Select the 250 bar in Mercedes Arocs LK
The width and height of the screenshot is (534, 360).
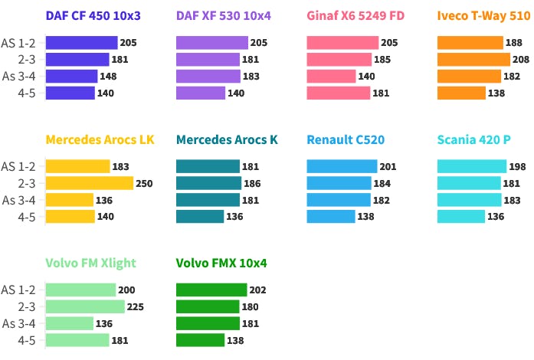[x=90, y=183]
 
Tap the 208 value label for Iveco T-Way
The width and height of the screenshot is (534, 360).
[x=521, y=59]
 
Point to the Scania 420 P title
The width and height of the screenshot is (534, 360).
[x=473, y=139]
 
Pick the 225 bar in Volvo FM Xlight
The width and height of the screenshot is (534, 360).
[x=85, y=306]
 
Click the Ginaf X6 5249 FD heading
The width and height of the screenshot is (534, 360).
[x=355, y=15]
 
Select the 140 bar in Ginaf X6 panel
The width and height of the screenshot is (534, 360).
[x=331, y=76]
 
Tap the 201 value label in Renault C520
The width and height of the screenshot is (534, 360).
[x=388, y=166]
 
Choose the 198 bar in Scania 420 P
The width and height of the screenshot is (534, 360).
[x=471, y=166]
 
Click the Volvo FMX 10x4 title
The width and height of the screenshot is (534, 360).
[x=221, y=263]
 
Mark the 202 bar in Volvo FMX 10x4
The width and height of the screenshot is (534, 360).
[x=211, y=290]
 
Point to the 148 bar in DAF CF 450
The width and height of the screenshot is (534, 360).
[x=71, y=76]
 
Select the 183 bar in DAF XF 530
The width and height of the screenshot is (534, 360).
[x=208, y=76]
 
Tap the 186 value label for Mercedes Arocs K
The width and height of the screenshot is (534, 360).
[x=251, y=183]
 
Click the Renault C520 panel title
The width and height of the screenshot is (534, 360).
[x=346, y=139]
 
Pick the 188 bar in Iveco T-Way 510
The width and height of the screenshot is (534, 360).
[x=470, y=42]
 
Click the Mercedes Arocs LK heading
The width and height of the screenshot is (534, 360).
[x=100, y=139]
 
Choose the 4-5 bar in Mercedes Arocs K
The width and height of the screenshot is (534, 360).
[x=200, y=217]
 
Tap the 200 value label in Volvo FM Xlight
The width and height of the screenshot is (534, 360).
[x=126, y=290]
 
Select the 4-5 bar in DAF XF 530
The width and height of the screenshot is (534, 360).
[x=201, y=93]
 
